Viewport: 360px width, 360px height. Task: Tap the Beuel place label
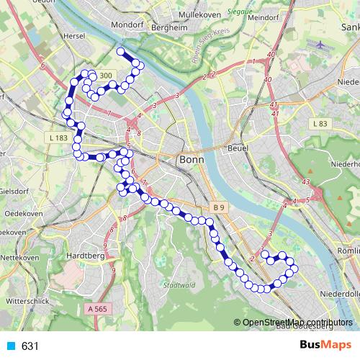pos(238,148)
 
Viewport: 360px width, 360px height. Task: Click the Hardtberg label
pos(86,255)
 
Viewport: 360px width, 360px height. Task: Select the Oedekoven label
pos(23,214)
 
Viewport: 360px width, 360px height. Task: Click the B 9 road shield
pos(219,207)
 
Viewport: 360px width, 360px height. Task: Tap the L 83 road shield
pos(320,125)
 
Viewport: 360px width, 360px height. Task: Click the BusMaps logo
pos(326,346)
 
